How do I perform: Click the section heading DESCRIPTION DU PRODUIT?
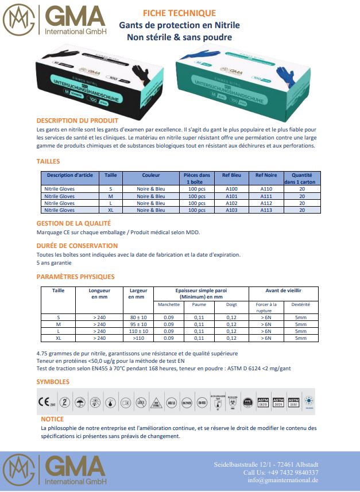pyautogui.click(x=77, y=121)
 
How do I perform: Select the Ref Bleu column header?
pyautogui.click(x=231, y=175)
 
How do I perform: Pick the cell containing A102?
pyautogui.click(x=231, y=203)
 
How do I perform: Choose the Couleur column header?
pyautogui.click(x=151, y=175)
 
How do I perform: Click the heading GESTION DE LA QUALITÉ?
pyautogui.click(x=73, y=223)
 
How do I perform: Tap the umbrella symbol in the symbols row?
pyautogui.click(x=80, y=402)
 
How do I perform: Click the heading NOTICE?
pyautogui.click(x=52, y=420)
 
